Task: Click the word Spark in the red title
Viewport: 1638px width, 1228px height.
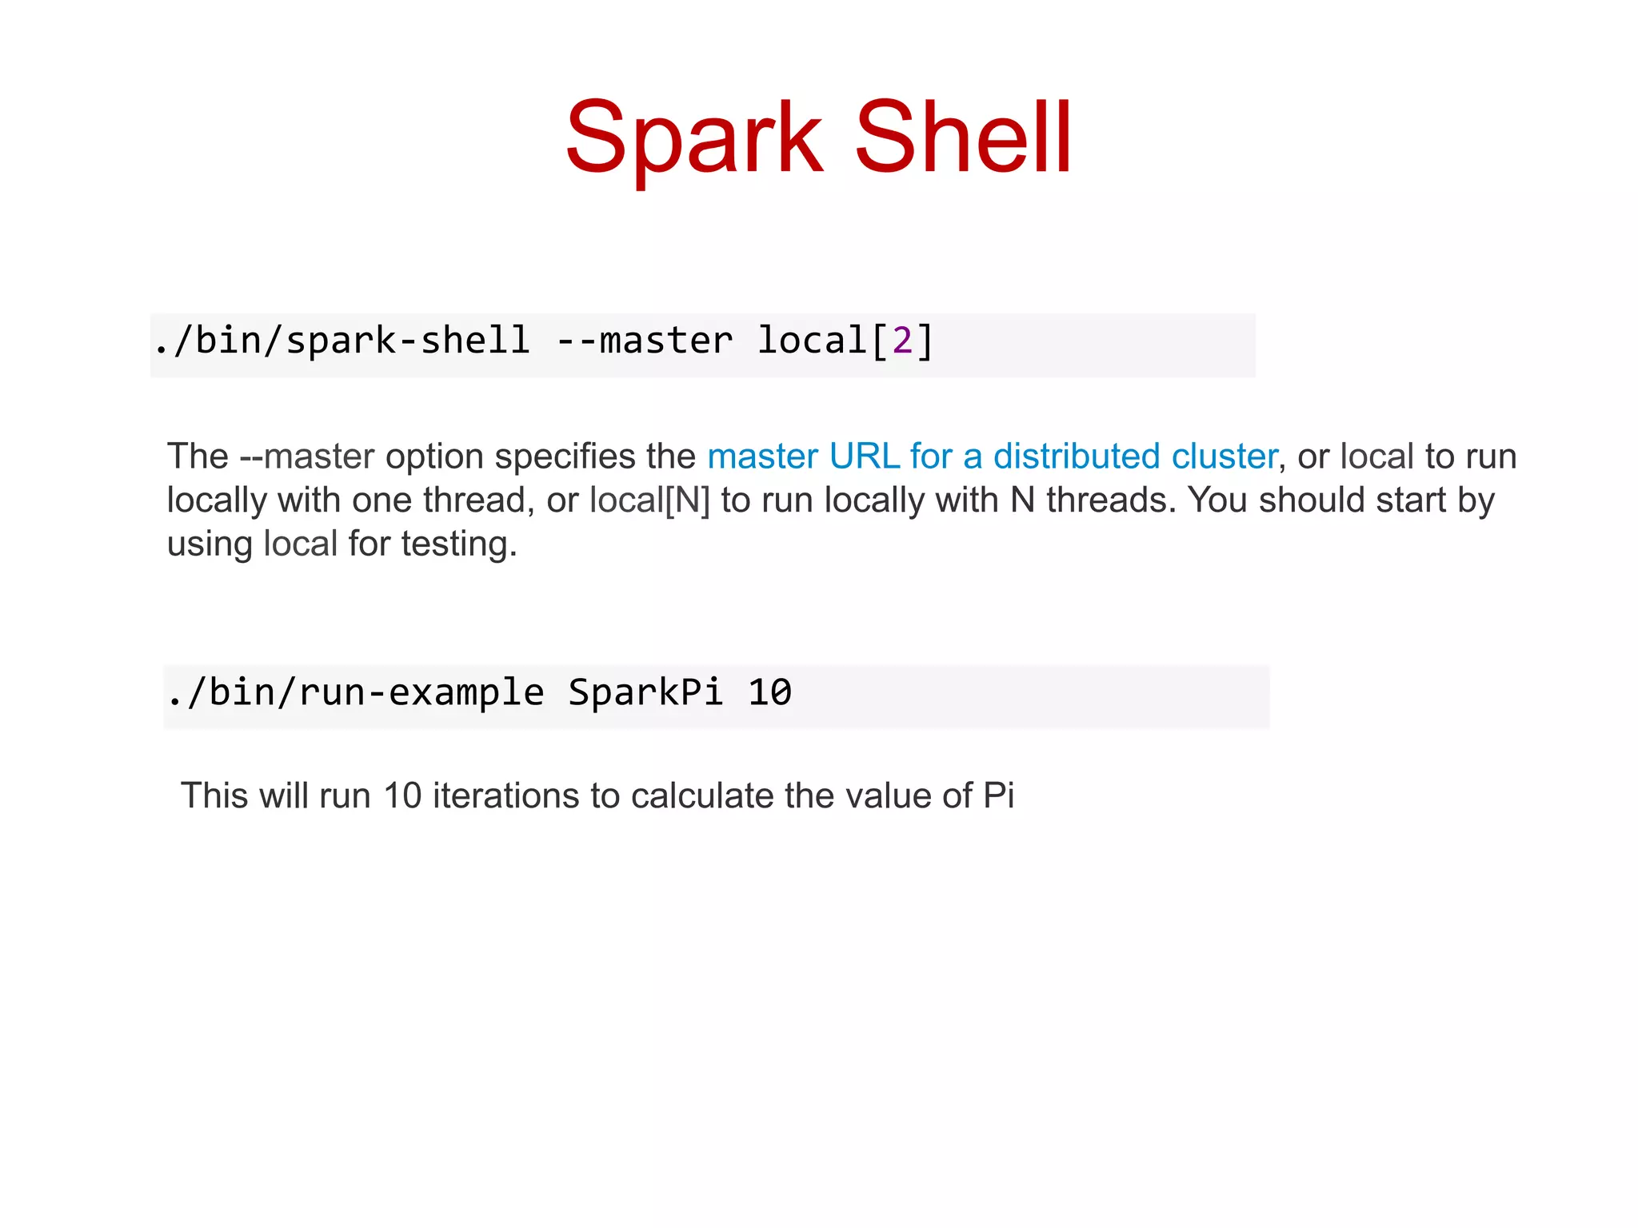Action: pyautogui.click(x=693, y=138)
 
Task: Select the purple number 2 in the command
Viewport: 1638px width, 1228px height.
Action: pyautogui.click(x=902, y=341)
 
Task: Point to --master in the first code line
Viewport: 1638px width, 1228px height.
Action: pyautogui.click(x=644, y=341)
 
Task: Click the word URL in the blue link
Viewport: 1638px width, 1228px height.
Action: pyautogui.click(x=865, y=457)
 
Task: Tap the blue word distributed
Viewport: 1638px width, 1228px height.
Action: pyautogui.click(x=1077, y=457)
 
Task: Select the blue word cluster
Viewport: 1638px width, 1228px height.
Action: pyautogui.click(x=1224, y=457)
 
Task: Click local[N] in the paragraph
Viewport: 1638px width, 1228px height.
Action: pyautogui.click(x=649, y=501)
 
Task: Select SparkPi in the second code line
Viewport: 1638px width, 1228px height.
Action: pyautogui.click(x=645, y=692)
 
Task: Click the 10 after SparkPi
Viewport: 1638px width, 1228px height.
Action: pyautogui.click(x=769, y=692)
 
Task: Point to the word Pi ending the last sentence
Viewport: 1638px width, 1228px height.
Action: pyautogui.click(x=998, y=796)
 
